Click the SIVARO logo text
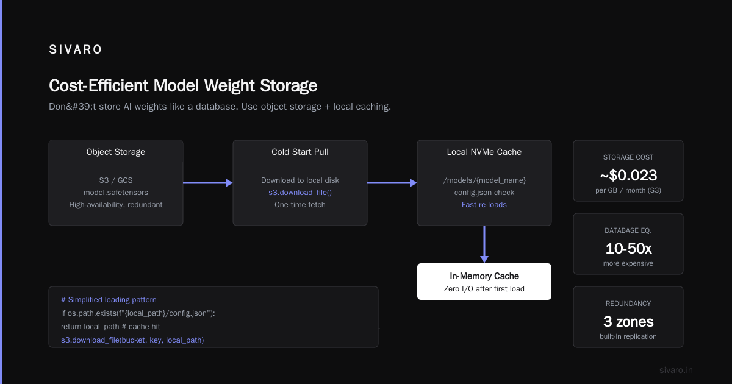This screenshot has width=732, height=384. pyautogui.click(x=76, y=49)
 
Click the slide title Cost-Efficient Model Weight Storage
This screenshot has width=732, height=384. pyautogui.click(x=183, y=86)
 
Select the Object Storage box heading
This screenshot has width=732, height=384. pyautogui.click(x=116, y=152)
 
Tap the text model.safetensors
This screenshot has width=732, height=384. pyautogui.click(x=116, y=193)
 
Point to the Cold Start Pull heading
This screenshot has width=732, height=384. pyautogui.click(x=300, y=152)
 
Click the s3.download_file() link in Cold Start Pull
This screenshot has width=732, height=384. pyautogui.click(x=300, y=193)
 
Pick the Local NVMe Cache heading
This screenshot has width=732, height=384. pyautogui.click(x=484, y=152)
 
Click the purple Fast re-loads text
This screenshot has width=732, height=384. pyautogui.click(x=484, y=205)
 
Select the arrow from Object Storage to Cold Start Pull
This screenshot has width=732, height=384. pyautogui.click(x=208, y=183)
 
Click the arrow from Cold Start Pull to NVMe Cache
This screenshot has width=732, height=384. pyautogui.click(x=392, y=183)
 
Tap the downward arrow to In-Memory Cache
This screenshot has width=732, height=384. pyautogui.click(x=484, y=244)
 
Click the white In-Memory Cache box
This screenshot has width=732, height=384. pyautogui.click(x=484, y=282)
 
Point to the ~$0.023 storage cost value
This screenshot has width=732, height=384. pyautogui.click(x=628, y=176)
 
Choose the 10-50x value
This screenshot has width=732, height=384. pyautogui.click(x=628, y=249)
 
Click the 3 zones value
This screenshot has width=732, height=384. pyautogui.click(x=628, y=322)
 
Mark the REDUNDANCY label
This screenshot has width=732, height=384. pyautogui.click(x=628, y=304)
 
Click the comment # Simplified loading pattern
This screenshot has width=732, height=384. pyautogui.click(x=109, y=300)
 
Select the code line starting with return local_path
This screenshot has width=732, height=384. pyautogui.click(x=110, y=327)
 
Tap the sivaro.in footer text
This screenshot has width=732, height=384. pyautogui.click(x=676, y=370)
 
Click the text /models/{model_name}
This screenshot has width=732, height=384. pyautogui.click(x=484, y=180)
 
